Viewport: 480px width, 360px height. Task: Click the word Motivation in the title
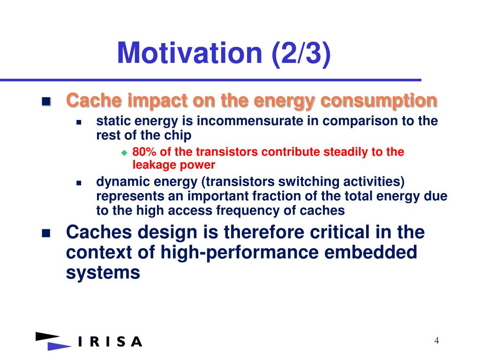pos(190,52)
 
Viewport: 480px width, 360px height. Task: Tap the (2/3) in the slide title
pos(301,53)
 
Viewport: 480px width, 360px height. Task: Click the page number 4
pos(436,340)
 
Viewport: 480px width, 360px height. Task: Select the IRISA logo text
pos(110,342)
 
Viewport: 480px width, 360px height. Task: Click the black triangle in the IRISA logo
pos(47,336)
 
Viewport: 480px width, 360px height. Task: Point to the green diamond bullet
pos(124,152)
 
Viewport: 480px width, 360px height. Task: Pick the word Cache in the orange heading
pos(94,100)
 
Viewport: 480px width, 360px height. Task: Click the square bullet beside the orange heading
pos(46,101)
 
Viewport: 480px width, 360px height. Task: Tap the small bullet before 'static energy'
pos(79,122)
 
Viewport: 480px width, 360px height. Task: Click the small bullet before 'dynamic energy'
pos(79,183)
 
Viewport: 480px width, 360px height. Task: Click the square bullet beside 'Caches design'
pos(46,233)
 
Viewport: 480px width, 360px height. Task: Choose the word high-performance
pos(240,253)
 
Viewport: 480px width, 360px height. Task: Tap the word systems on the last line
pos(103,273)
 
